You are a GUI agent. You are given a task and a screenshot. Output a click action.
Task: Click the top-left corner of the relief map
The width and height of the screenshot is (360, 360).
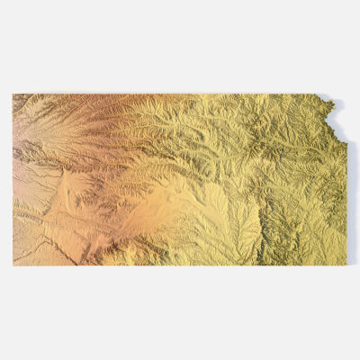coord(13,94)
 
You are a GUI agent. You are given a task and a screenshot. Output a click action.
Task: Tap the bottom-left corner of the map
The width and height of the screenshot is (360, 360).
coord(13,265)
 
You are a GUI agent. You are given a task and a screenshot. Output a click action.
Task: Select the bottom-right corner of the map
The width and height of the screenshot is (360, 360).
coord(346,265)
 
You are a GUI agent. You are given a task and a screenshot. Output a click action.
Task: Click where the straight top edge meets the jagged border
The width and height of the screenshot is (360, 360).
coord(322,94)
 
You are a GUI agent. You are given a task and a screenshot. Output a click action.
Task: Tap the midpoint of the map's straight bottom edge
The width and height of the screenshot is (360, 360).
coord(180,265)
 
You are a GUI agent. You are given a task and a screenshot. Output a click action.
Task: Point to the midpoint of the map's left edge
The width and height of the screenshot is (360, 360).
coord(13,180)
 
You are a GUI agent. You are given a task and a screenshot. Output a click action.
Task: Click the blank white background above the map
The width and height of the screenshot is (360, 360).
coord(180,45)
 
